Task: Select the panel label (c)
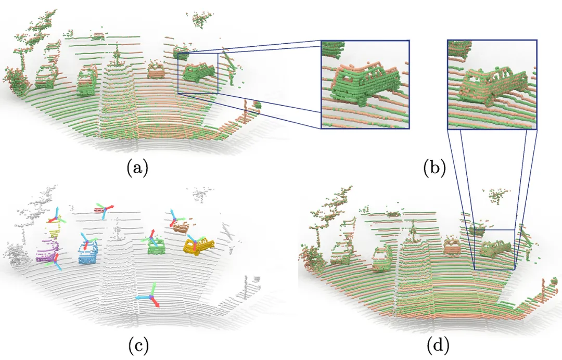pyautogui.click(x=137, y=344)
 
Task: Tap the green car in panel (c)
pyautogui.click(x=155, y=247)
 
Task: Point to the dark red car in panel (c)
pyautogui.click(x=99, y=210)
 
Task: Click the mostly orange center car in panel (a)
pyautogui.click(x=155, y=70)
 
